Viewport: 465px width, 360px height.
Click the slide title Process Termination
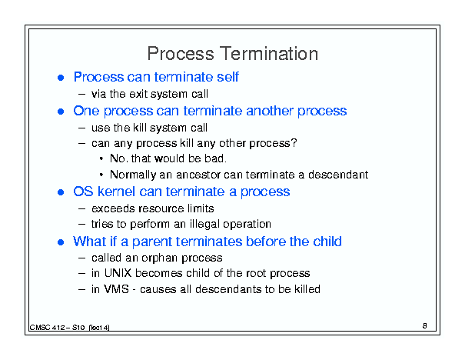tap(232, 54)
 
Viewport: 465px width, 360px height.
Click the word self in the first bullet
tap(228, 77)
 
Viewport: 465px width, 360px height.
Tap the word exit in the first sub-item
tap(139, 94)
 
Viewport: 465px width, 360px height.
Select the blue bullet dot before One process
tap(61, 112)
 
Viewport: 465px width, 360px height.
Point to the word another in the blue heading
tap(270, 111)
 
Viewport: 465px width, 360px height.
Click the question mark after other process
tap(294, 143)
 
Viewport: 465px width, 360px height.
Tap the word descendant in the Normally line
tap(338, 175)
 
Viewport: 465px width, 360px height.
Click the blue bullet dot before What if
tap(61, 242)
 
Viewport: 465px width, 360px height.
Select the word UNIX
tap(118, 273)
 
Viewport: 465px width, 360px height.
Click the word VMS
tap(117, 289)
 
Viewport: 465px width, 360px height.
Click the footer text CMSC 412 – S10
tap(57, 328)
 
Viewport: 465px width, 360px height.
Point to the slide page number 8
tap(425, 326)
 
